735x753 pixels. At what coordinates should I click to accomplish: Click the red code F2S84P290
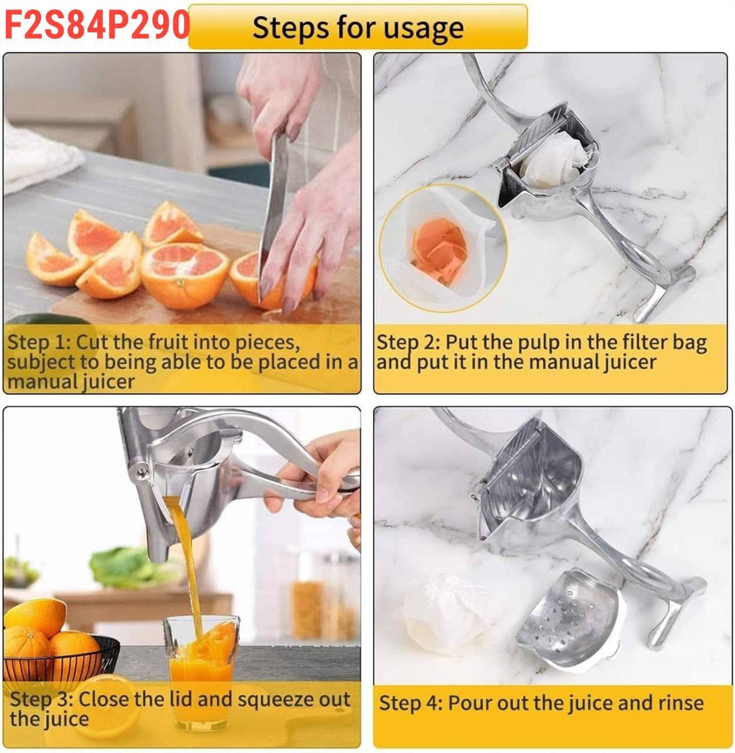[x=97, y=24]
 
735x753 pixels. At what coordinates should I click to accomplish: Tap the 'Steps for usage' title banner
[x=358, y=26]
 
